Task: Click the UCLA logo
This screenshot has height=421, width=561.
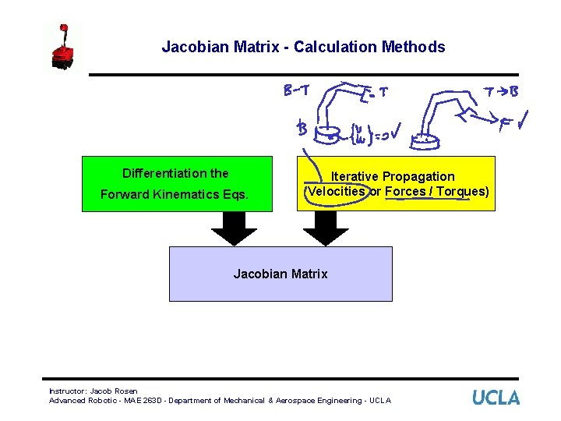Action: pyautogui.click(x=496, y=397)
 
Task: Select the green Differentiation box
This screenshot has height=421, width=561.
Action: pyautogui.click(x=178, y=184)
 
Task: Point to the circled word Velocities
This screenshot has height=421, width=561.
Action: pyautogui.click(x=335, y=192)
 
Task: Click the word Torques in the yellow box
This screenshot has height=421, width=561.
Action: pyautogui.click(x=464, y=192)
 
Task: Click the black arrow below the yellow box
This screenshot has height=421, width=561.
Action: pyautogui.click(x=325, y=228)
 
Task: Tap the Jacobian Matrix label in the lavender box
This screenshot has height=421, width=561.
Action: pyautogui.click(x=280, y=274)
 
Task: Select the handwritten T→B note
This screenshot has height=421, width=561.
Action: pyautogui.click(x=500, y=92)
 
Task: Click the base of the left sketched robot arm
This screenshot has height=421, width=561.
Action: pyautogui.click(x=333, y=134)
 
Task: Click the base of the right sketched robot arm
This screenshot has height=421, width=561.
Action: pyautogui.click(x=425, y=142)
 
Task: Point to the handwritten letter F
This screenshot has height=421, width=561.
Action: pyautogui.click(x=506, y=122)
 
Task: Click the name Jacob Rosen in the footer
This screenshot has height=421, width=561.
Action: pyautogui.click(x=115, y=391)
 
